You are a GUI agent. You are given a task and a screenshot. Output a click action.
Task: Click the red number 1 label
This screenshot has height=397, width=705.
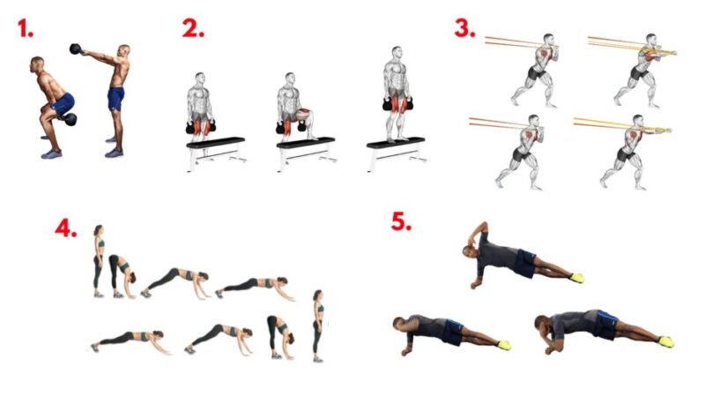point(26,28)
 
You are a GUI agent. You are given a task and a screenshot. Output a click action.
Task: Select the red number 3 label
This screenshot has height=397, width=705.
point(464,28)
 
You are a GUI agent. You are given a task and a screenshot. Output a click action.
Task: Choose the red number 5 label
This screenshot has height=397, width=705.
point(401,221)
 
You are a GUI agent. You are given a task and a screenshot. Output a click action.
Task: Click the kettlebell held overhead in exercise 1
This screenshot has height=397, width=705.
point(75,49)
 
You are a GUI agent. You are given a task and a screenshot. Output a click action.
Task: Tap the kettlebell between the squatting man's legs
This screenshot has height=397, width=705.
point(70,119)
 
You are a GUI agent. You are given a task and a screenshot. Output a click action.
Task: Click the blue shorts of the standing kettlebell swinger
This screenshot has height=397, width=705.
point(116,99)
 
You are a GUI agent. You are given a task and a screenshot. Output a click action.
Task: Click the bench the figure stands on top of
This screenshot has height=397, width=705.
point(396,153)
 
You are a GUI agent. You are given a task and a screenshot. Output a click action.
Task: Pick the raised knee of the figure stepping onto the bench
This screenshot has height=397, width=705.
point(306,111)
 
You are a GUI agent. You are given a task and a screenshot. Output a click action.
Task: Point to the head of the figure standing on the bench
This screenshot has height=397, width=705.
point(396,52)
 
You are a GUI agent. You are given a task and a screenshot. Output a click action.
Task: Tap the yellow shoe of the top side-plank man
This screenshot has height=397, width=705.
point(577,278)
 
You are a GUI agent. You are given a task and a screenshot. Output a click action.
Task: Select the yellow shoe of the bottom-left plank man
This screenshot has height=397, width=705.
point(504,345)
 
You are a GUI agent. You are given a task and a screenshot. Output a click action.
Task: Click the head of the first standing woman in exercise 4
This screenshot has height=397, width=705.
point(99,230)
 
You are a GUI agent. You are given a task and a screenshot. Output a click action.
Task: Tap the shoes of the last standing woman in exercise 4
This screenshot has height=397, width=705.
point(318,359)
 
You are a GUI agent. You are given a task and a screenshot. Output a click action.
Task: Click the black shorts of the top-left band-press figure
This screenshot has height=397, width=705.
point(536,72)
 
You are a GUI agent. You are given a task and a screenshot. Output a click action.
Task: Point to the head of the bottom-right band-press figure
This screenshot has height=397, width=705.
point(638,121)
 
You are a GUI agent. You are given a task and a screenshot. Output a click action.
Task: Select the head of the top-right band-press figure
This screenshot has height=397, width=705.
point(651,40)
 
